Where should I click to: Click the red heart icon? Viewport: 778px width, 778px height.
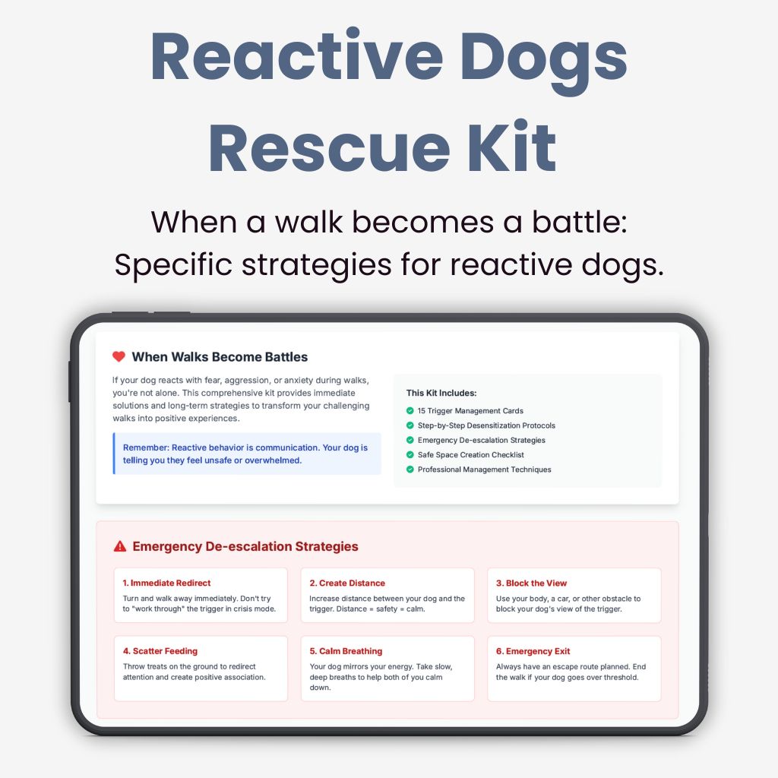pos(119,356)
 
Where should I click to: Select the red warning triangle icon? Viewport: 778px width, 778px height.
pos(119,546)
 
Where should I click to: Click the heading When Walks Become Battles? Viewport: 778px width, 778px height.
pos(220,356)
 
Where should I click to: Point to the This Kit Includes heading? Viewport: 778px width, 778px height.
pos(441,393)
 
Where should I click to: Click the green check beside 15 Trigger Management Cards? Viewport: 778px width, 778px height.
pos(410,411)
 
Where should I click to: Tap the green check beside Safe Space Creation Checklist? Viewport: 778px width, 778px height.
pos(410,455)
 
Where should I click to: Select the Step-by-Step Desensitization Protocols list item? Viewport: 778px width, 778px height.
pos(486,425)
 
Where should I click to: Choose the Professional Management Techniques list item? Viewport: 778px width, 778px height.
pos(484,470)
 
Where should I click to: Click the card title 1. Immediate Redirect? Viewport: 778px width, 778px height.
pos(166,583)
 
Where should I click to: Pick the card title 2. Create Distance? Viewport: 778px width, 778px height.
pos(347,583)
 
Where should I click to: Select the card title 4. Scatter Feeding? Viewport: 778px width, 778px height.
pos(160,651)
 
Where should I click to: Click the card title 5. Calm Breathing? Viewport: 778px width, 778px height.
pos(346,651)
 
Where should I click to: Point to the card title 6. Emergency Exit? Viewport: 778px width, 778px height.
pos(533,651)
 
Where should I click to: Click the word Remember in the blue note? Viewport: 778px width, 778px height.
pos(145,448)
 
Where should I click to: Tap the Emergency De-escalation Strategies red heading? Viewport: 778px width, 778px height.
pos(245,546)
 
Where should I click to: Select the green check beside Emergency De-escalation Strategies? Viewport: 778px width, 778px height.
pos(410,441)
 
